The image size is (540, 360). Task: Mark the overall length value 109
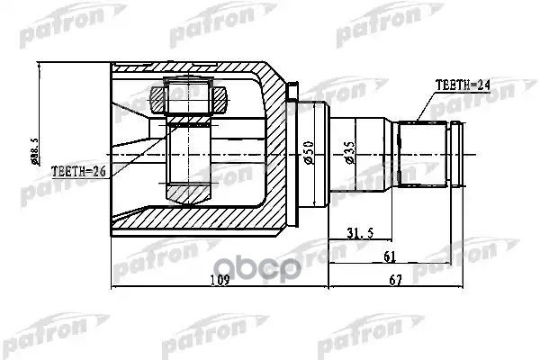click(x=219, y=280)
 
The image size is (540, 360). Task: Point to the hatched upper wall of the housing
click(x=198, y=72)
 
